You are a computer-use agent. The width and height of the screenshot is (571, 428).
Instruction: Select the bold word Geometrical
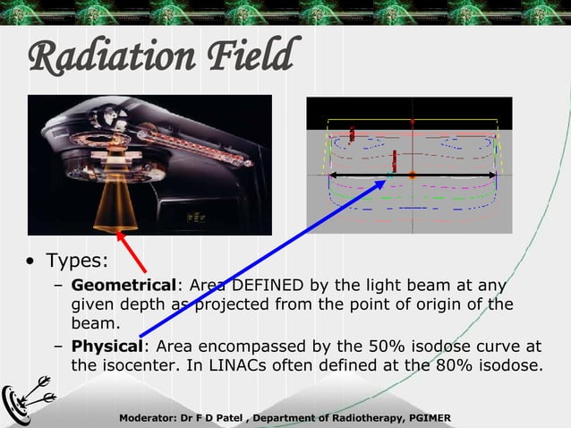(124, 286)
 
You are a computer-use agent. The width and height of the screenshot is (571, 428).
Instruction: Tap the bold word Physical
(107, 346)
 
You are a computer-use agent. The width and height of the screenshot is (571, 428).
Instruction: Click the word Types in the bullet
(76, 261)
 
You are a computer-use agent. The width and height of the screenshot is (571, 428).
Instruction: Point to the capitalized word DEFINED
(268, 286)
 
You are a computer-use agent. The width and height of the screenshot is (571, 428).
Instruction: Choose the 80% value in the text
(463, 365)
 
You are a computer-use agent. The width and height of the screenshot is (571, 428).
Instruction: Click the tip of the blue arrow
(386, 178)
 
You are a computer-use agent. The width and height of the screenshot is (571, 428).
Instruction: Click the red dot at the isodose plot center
(412, 175)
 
